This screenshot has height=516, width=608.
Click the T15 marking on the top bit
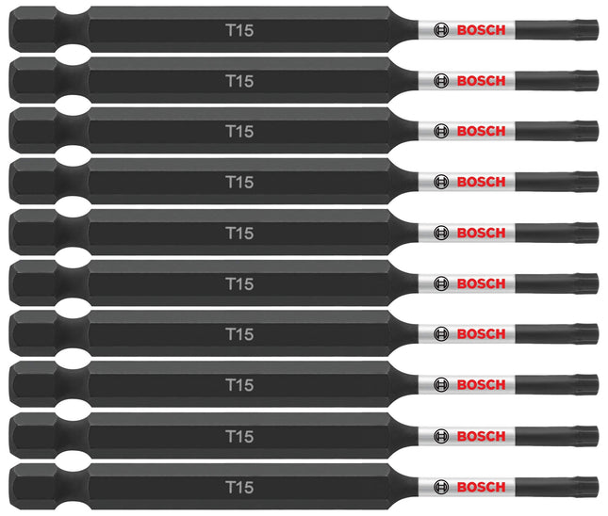click(x=239, y=30)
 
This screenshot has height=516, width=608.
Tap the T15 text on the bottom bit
click(x=239, y=487)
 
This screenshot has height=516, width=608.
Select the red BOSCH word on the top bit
click(x=481, y=30)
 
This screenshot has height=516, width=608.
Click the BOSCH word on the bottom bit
click(x=481, y=487)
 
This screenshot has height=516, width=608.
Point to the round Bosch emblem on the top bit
click(x=441, y=30)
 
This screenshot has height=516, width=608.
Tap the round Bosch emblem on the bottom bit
click(x=441, y=487)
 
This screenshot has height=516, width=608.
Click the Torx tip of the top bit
click(x=586, y=30)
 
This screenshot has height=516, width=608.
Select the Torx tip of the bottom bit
click(x=586, y=487)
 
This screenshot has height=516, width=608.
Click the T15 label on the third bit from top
click(x=239, y=131)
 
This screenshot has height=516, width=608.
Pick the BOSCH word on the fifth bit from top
click(x=481, y=233)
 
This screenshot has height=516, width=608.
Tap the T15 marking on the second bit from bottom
click(x=239, y=436)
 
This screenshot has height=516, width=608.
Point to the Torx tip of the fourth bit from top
click(x=586, y=182)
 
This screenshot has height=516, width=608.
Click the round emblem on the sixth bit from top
click(x=441, y=283)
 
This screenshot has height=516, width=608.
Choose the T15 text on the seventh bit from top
click(x=239, y=334)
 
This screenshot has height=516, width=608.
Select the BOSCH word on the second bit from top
click(x=481, y=81)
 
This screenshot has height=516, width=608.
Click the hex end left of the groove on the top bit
click(x=33, y=29)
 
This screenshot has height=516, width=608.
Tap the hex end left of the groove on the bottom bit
click(x=33, y=487)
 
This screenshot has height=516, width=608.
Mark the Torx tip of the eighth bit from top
click(x=586, y=385)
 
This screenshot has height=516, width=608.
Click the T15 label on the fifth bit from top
click(x=239, y=233)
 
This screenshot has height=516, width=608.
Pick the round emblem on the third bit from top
click(x=441, y=131)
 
